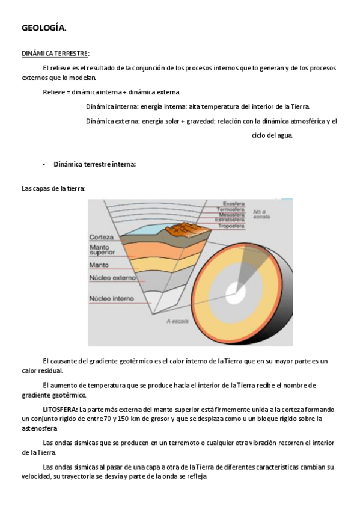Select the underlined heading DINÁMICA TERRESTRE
pyautogui.click(x=55, y=53)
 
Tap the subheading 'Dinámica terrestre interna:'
pyautogui.click(x=94, y=164)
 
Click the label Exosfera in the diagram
pyautogui.click(x=233, y=203)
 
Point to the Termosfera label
pyautogui.click(x=231, y=209)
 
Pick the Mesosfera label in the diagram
pyautogui.click(x=231, y=214)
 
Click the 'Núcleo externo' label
pyautogui.click(x=111, y=278)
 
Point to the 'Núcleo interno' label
pyautogui.click(x=111, y=298)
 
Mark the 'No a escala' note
pyautogui.click(x=261, y=214)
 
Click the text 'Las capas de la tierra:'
pyautogui.click(x=53, y=188)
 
